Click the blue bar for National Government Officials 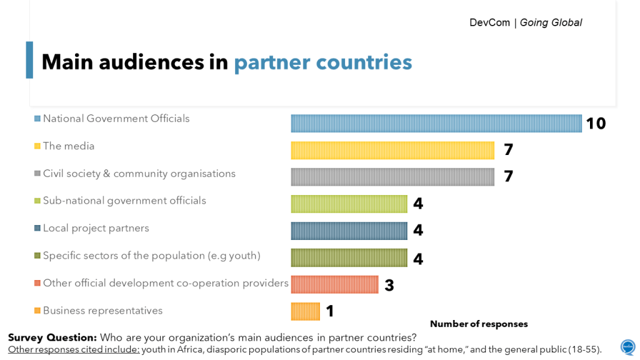tap(436, 123)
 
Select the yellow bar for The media tap(392, 150)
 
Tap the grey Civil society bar tap(392, 177)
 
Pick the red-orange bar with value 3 tap(334, 284)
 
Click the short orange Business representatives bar tap(305, 311)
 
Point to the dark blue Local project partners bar tap(349, 231)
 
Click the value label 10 tap(596, 124)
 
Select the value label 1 tap(330, 311)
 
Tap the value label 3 tap(389, 286)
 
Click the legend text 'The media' tap(69, 146)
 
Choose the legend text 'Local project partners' tap(96, 228)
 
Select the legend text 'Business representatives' tap(102, 311)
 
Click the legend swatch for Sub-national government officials tap(37, 201)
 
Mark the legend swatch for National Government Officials tap(37, 119)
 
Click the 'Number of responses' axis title tap(479, 324)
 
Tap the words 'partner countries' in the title tap(322, 62)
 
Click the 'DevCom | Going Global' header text tap(526, 23)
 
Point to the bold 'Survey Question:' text tap(52, 337)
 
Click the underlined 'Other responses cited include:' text tap(74, 349)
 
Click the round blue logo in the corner tap(627, 347)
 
